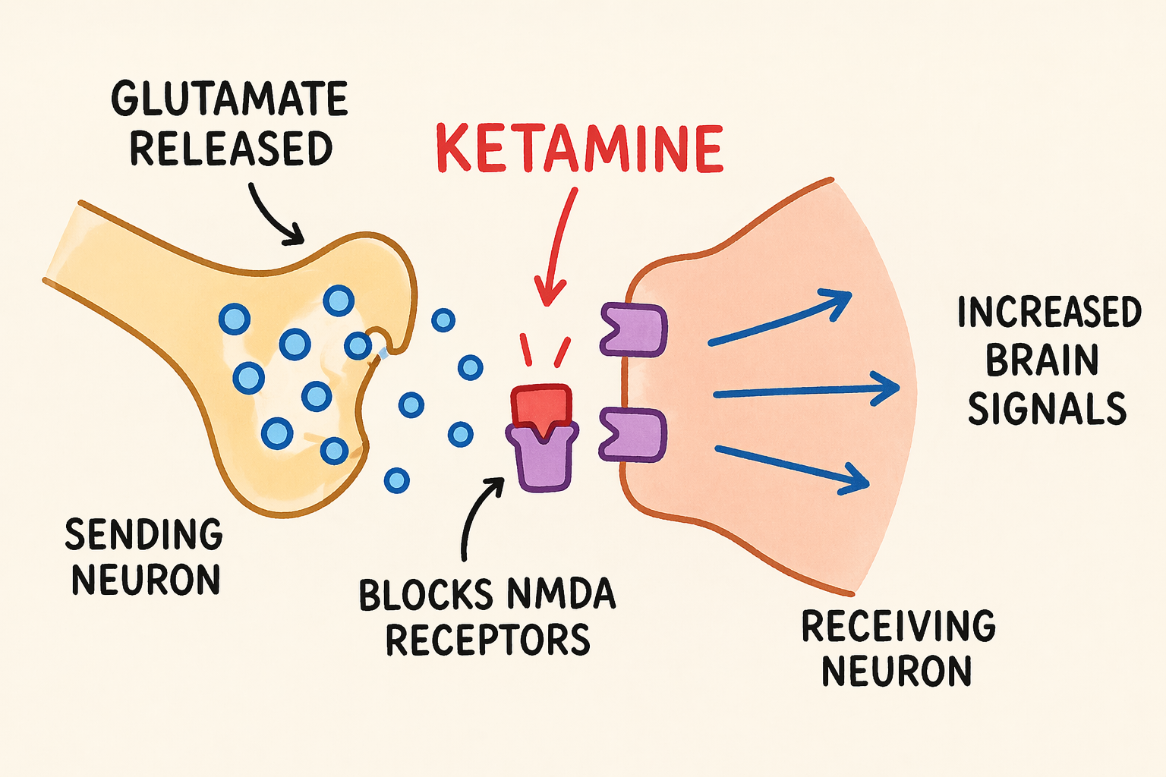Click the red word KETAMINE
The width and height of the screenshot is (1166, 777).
[580, 149]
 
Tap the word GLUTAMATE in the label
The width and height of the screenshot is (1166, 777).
[229, 99]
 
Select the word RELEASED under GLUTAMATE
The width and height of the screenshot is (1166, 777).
[231, 149]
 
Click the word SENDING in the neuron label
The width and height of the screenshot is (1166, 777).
[143, 535]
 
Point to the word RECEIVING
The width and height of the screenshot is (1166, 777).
[898, 627]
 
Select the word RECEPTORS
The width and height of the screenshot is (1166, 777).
[487, 640]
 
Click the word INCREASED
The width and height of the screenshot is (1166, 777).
[1049, 313]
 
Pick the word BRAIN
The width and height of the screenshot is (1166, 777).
[1042, 360]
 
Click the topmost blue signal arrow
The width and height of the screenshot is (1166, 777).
[778, 319]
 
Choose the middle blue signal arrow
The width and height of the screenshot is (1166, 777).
[805, 391]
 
